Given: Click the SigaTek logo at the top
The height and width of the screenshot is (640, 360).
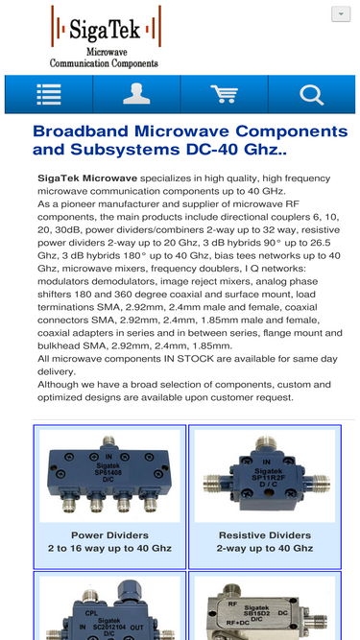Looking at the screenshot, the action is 106,36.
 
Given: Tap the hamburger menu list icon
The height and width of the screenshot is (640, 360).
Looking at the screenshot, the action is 49,94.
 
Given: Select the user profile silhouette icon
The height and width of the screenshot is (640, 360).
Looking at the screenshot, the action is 136,94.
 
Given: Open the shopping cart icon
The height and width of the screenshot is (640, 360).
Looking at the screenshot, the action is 224,94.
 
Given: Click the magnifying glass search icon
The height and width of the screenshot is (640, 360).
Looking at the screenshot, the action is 312,94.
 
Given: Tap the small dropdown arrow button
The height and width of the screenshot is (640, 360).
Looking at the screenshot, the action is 341,13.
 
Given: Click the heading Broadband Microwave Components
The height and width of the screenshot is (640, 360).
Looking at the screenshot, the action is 190,131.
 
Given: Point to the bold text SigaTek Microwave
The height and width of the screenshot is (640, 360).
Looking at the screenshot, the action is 87,178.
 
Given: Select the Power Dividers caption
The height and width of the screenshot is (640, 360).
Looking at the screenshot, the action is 109,535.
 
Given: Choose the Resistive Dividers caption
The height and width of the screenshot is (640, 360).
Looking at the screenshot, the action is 265,535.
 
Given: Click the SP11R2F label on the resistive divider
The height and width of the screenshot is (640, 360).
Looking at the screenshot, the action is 266,477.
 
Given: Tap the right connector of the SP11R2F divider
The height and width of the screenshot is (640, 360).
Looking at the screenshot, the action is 317,484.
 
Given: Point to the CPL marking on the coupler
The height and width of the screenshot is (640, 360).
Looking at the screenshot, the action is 91,613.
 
